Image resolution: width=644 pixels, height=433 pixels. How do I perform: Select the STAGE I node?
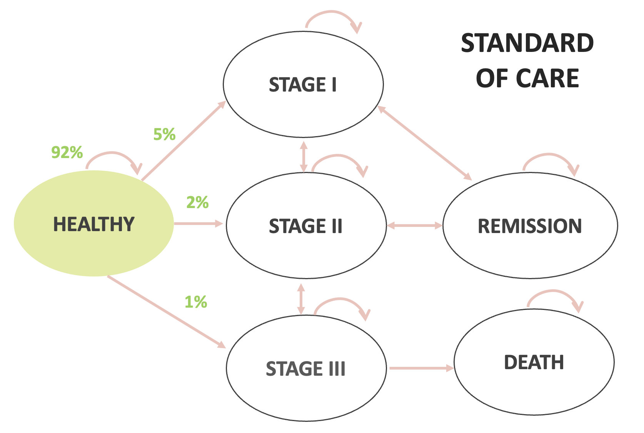coord(303,84)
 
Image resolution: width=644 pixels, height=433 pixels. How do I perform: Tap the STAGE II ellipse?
coord(306,225)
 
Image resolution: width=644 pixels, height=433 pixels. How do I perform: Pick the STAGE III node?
coord(306,368)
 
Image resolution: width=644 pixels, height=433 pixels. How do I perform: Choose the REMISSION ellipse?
coord(530,225)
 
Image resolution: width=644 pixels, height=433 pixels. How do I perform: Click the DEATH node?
coord(534,362)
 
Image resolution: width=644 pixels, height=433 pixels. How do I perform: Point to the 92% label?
coord(67,152)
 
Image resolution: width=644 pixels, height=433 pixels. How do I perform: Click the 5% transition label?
coord(164,134)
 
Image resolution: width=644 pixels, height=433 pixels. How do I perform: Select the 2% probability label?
coord(197,202)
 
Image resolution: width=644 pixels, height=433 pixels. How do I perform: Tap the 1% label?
coord(196,302)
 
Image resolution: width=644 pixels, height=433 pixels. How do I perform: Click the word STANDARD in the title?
coord(527,43)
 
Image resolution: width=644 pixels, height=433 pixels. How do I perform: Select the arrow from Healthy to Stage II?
coord(198,223)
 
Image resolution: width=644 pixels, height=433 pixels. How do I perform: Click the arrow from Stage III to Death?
coord(421,368)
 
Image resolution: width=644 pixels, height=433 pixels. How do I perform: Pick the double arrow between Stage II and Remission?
coord(414,225)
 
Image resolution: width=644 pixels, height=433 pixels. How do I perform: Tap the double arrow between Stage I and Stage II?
coord(304,157)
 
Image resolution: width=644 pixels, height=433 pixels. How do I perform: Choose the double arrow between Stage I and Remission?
coord(425,143)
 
